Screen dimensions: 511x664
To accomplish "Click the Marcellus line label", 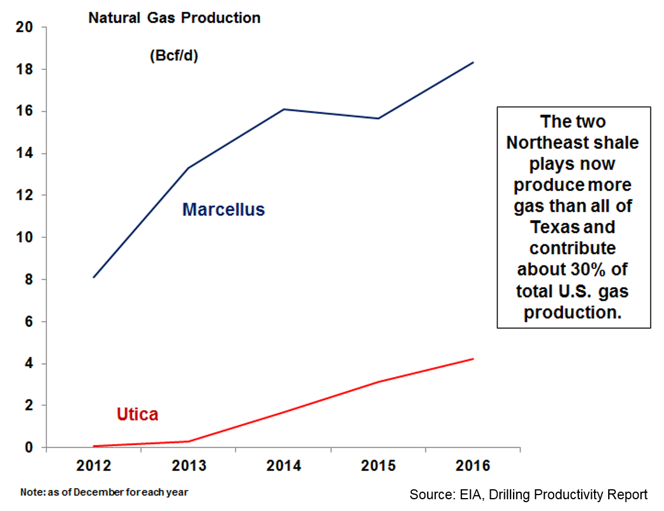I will pyautogui.click(x=223, y=209).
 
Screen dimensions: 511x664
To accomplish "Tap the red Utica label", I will pyautogui.click(x=137, y=414).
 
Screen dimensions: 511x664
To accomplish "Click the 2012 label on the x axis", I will pyautogui.click(x=94, y=466).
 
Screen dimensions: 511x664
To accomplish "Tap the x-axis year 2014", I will pyautogui.click(x=284, y=466).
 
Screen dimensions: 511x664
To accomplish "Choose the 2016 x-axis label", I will pyautogui.click(x=473, y=466).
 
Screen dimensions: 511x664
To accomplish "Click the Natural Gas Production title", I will pyautogui.click(x=175, y=18).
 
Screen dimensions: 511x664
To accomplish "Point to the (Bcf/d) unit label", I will pyautogui.click(x=173, y=56).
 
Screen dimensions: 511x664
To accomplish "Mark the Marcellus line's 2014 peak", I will pyautogui.click(x=284, y=109).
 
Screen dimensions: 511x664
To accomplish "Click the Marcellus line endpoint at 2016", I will pyautogui.click(x=473, y=62).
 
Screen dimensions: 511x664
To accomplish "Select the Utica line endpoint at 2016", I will pyautogui.click(x=473, y=359).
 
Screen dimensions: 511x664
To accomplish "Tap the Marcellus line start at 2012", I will pyautogui.click(x=94, y=277).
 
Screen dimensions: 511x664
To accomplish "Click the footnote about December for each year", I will pyautogui.click(x=105, y=492).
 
